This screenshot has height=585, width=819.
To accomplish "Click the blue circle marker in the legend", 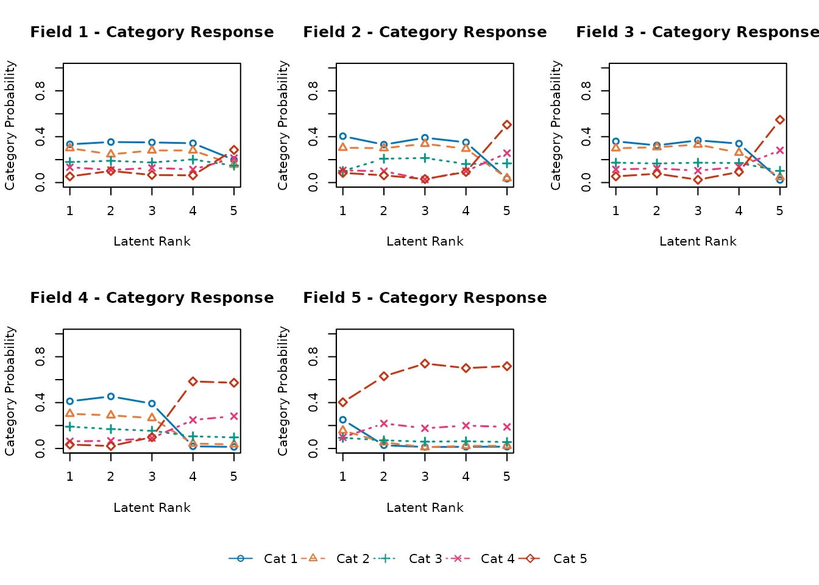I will (240, 558).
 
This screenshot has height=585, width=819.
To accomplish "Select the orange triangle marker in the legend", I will (313, 558).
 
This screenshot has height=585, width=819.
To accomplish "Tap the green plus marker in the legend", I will (385, 558).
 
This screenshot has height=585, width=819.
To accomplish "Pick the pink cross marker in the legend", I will (457, 558).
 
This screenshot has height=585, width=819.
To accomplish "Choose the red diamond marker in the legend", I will (530, 558).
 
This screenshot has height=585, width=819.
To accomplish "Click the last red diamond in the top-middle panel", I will (507, 124).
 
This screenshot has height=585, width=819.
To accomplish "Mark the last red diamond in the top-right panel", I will (780, 119).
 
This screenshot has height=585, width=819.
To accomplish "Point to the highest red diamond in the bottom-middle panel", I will (425, 363).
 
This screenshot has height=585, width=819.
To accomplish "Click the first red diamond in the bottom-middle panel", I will (342, 402).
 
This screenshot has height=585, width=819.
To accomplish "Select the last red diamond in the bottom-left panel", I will (234, 383).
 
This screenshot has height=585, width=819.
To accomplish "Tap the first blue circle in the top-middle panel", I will (342, 136).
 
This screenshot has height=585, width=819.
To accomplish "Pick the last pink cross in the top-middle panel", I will (507, 153).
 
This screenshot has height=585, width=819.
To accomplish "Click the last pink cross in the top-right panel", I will (780, 150).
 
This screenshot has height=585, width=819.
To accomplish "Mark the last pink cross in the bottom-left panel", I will (234, 416).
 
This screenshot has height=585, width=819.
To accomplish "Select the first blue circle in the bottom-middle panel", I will (342, 419).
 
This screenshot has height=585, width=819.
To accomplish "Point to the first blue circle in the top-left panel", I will (69, 144).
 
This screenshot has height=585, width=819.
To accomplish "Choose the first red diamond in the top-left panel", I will (69, 176).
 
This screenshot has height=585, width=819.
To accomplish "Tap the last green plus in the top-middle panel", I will (507, 163).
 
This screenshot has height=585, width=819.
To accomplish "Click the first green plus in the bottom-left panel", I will (69, 427).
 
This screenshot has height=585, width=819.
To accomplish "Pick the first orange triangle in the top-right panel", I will (615, 147).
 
